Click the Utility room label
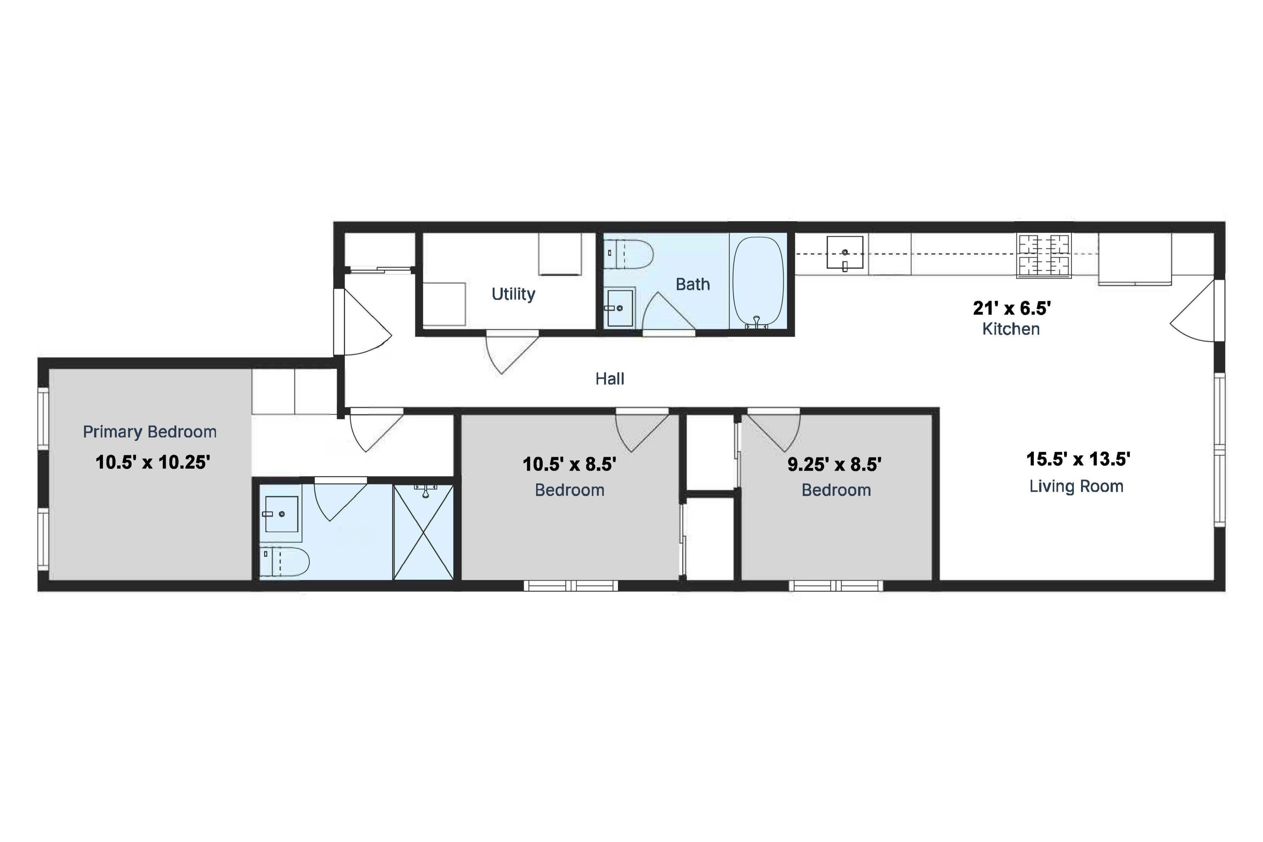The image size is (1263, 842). click(513, 294)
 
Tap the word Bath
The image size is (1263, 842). click(693, 284)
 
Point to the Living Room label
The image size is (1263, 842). click(1076, 486)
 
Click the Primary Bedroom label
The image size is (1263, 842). click(150, 432)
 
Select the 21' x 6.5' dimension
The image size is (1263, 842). click(1012, 308)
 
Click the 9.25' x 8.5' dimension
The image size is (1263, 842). click(834, 464)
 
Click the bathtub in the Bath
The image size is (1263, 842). click(758, 282)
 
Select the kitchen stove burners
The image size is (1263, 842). click(1044, 255)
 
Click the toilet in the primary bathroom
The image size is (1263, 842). click(285, 562)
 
